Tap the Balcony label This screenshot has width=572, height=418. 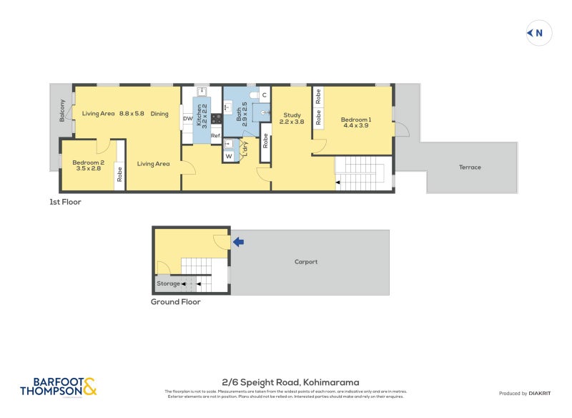click(x=63, y=110)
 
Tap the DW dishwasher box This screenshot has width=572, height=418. click(x=187, y=119)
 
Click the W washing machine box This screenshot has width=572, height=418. click(x=229, y=155)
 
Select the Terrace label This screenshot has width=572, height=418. click(x=470, y=167)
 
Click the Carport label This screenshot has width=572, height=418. click(x=306, y=262)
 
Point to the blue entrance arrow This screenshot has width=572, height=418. click(x=239, y=243)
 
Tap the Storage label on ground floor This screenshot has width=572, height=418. click(x=169, y=284)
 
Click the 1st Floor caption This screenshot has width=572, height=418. click(x=65, y=202)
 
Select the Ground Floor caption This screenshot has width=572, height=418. click(x=175, y=302)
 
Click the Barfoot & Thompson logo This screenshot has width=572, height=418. click(x=58, y=387)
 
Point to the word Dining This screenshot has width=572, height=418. click(x=159, y=113)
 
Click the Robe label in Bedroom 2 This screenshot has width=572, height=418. click(x=119, y=175)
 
